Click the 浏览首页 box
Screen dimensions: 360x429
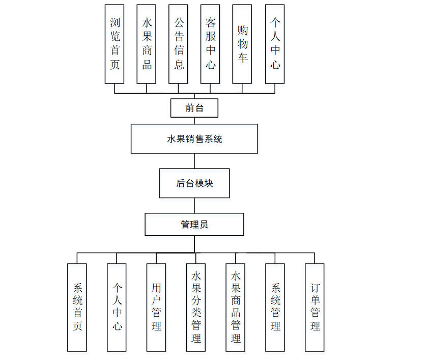click(115, 44)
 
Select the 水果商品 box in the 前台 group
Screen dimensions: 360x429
click(147, 44)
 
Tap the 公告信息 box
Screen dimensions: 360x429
click(179, 44)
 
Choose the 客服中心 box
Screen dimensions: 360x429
click(210, 44)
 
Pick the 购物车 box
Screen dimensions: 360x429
click(242, 44)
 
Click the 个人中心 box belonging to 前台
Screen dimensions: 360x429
click(275, 44)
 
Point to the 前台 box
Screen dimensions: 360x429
click(194, 108)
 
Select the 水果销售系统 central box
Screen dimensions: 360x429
click(194, 139)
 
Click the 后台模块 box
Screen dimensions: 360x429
click(194, 183)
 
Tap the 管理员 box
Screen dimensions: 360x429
click(194, 224)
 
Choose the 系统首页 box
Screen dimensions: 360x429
click(77, 307)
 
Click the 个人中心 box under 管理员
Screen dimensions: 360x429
click(117, 307)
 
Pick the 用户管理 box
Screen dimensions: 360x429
click(156, 307)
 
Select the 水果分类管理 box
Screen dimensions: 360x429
click(196, 307)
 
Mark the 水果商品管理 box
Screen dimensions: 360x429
click(236, 307)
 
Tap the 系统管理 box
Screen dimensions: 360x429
click(275, 307)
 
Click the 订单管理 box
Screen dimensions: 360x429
click(315, 307)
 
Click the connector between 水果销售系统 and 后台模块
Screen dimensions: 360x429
click(194, 161)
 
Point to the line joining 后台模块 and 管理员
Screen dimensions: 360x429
click(194, 205)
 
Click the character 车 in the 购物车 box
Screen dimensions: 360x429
click(242, 57)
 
